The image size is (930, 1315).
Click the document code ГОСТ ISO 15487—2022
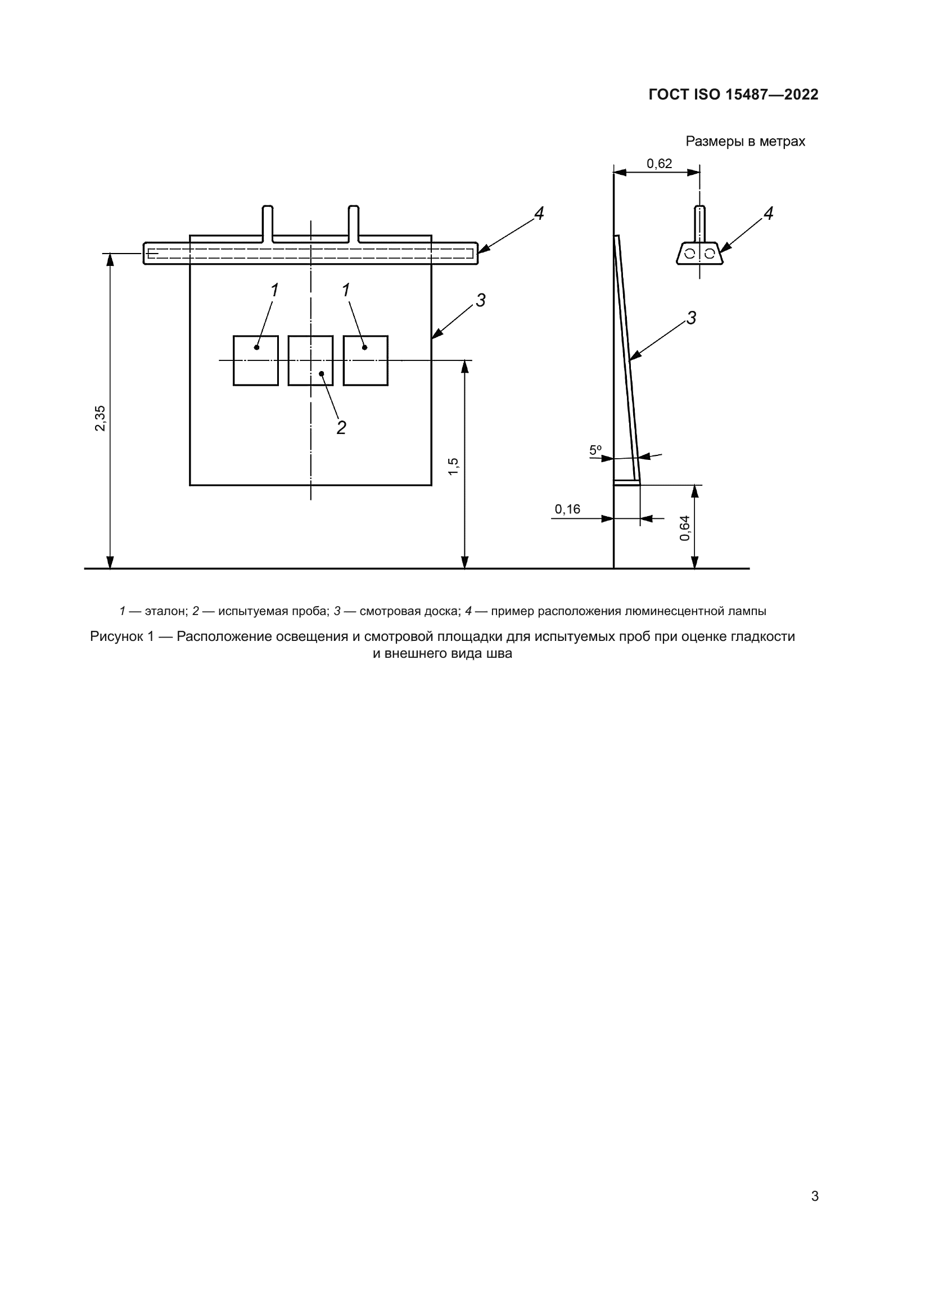[733, 94]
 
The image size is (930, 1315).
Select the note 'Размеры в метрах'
[745, 141]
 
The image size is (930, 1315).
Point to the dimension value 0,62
[659, 164]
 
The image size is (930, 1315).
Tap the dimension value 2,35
[100, 418]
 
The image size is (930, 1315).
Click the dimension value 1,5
[453, 466]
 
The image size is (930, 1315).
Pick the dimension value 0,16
[567, 509]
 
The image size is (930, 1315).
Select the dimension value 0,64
[685, 528]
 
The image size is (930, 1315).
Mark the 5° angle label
[595, 450]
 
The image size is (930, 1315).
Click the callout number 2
[341, 427]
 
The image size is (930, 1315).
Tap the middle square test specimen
[310, 361]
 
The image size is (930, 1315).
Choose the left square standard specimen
[255, 361]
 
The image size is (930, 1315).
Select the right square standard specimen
[365, 361]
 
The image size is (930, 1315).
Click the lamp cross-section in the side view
[699, 253]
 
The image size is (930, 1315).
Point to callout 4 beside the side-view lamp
[769, 214]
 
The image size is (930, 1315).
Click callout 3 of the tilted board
[691, 318]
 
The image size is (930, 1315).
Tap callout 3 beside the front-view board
[480, 300]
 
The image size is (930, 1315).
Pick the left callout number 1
[274, 290]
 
